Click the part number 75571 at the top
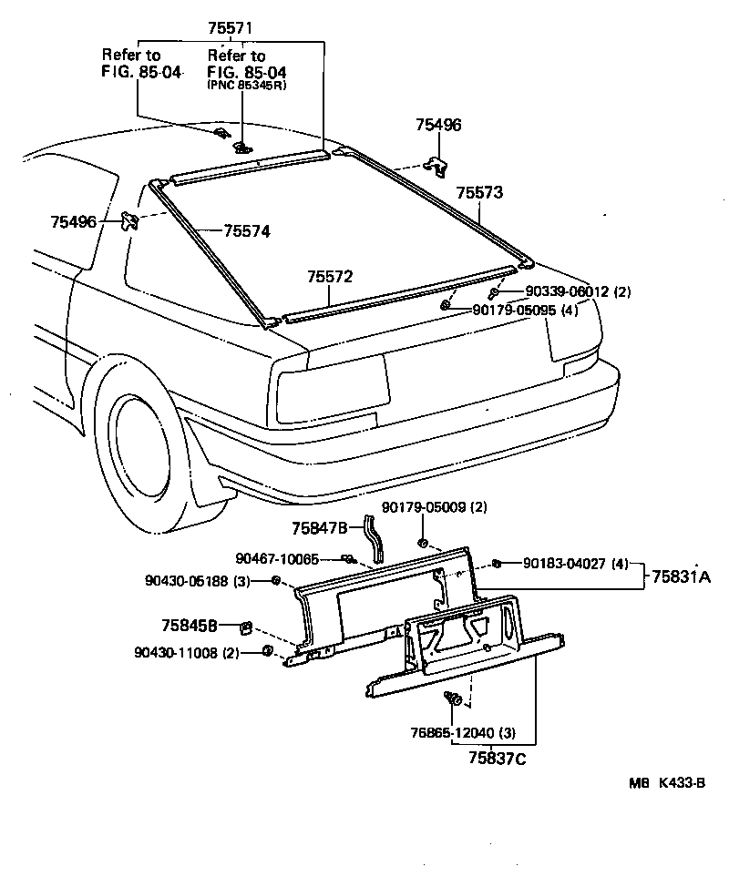(x=230, y=29)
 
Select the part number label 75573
(x=479, y=193)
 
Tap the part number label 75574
(x=246, y=231)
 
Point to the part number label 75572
(x=329, y=276)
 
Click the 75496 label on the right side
(x=438, y=126)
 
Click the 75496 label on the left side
(x=74, y=221)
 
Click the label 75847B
(x=320, y=527)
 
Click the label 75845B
(x=189, y=626)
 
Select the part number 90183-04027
(x=565, y=563)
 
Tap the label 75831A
(x=682, y=576)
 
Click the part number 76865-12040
(x=475, y=732)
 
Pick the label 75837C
(x=498, y=757)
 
